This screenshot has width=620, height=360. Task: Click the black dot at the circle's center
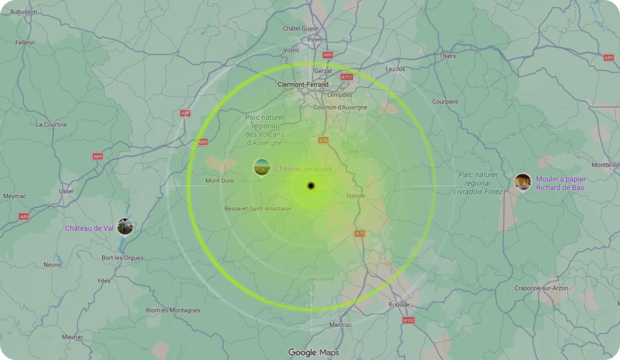pyautogui.click(x=311, y=185)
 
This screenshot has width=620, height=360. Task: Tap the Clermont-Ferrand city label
pyautogui.click(x=303, y=84)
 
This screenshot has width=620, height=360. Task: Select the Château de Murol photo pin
pyautogui.click(x=262, y=168)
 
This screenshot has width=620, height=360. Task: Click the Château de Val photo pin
pyautogui.click(x=125, y=226)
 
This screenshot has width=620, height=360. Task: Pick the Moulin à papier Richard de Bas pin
pyautogui.click(x=522, y=182)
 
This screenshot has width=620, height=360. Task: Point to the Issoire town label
pyautogui.click(x=355, y=196)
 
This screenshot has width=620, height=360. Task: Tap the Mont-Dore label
pyautogui.click(x=220, y=181)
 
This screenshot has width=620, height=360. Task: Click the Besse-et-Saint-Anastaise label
pyautogui.click(x=258, y=208)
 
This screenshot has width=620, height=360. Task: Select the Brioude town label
pyautogui.click(x=399, y=304)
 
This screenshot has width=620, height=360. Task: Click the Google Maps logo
pyautogui.click(x=313, y=353)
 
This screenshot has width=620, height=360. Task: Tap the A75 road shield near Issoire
pyautogui.click(x=360, y=234)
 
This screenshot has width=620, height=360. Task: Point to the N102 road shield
pyautogui.click(x=408, y=320)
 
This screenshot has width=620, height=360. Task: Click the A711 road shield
pyautogui.click(x=347, y=77)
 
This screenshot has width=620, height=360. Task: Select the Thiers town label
pyautogui.click(x=448, y=56)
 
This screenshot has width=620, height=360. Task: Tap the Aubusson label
pyautogui.click(x=24, y=11)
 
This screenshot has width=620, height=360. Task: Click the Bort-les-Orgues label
pyautogui.click(x=122, y=258)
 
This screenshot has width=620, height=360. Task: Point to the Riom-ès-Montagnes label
pyautogui.click(x=173, y=310)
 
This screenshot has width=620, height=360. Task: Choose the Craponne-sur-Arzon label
pyautogui.click(x=541, y=288)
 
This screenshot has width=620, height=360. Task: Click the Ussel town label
pyautogui.click(x=66, y=191)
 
